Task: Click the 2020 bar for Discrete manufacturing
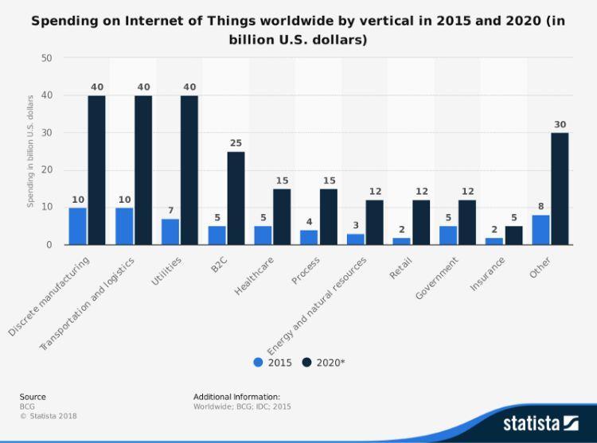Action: pos(96,170)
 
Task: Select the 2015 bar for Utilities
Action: pos(170,231)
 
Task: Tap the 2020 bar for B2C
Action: pos(236,198)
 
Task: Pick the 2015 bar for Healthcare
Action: pos(263,235)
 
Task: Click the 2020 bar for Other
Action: pos(560,188)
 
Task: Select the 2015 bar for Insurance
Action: pos(494,241)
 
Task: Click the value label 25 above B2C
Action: pos(236,143)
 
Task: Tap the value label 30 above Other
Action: pos(560,125)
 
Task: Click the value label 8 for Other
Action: pos(540,207)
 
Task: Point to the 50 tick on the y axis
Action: pos(46,58)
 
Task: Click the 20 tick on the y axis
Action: pos(46,170)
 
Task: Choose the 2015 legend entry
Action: pos(274,363)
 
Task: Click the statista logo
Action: pos(540,422)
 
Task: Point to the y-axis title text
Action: pos(30,151)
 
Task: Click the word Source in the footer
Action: pos(33,397)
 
